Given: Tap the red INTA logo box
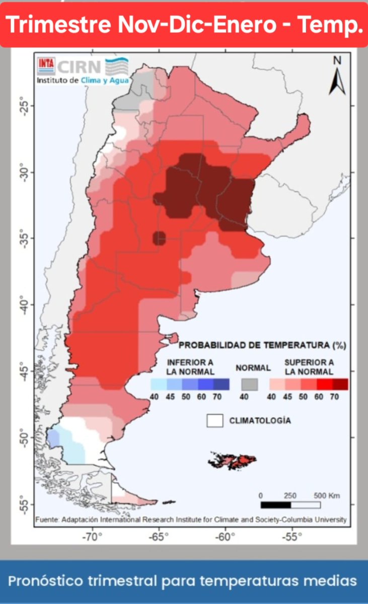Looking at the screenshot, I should [x=46, y=65].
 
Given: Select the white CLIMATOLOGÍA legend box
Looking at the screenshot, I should [x=215, y=421].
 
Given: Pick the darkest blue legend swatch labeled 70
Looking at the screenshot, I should [x=221, y=384].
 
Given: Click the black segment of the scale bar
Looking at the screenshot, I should [x=275, y=505].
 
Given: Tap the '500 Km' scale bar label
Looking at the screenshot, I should [x=327, y=496].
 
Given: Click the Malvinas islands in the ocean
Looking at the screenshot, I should [x=234, y=460].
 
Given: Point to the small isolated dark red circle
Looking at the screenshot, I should [x=160, y=238].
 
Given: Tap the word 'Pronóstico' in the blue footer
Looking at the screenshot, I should [x=47, y=581].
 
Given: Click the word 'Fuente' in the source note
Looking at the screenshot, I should [x=47, y=519].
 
